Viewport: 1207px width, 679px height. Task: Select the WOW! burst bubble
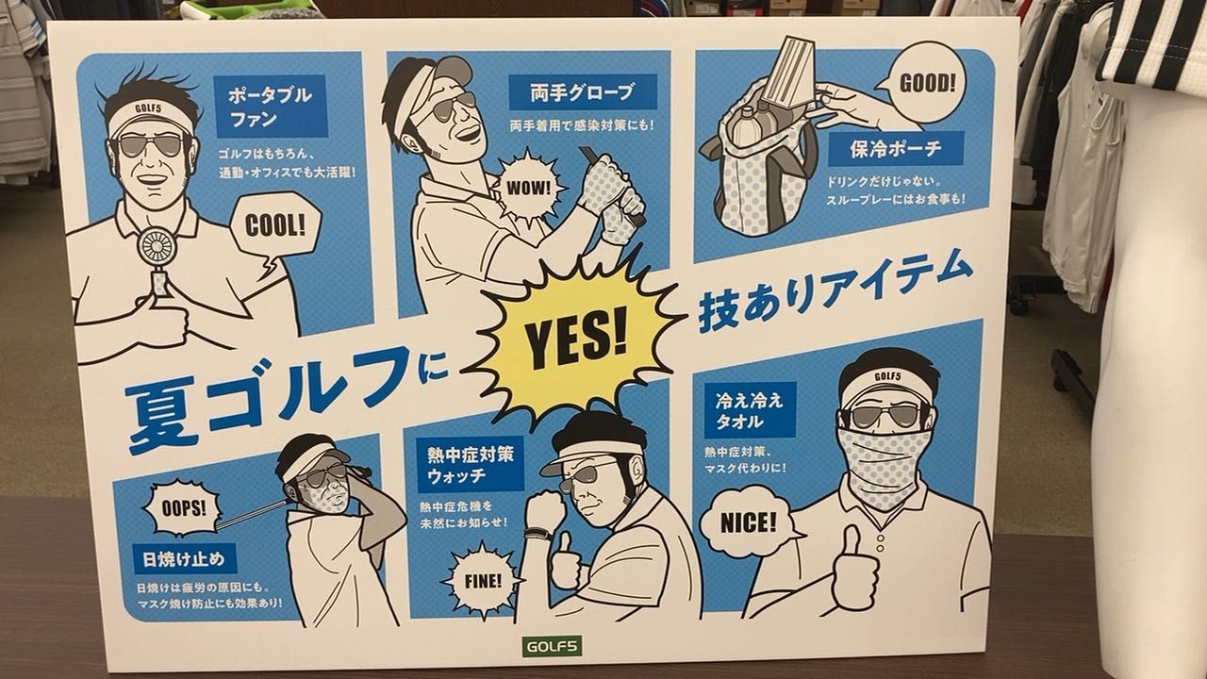pos(527,188)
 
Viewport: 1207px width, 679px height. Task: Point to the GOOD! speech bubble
pos(926,84)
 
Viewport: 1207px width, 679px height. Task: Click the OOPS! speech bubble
pos(183,508)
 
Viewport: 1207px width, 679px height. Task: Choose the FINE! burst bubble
pos(482,581)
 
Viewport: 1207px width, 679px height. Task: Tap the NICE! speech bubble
pos(748,522)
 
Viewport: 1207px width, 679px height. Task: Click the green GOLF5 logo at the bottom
pos(552,646)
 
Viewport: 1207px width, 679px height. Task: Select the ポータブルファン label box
pos(271,107)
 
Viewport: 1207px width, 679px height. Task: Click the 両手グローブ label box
pos(583,92)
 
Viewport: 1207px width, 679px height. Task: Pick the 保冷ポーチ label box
pos(896,148)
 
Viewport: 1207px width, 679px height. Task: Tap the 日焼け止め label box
pos(184,559)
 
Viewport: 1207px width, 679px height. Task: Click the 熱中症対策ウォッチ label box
pos(470,465)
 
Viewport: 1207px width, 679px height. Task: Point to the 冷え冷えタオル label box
pos(750,410)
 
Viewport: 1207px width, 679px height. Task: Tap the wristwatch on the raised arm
pos(537,534)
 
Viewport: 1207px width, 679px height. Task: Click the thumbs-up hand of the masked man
pos(854,571)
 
